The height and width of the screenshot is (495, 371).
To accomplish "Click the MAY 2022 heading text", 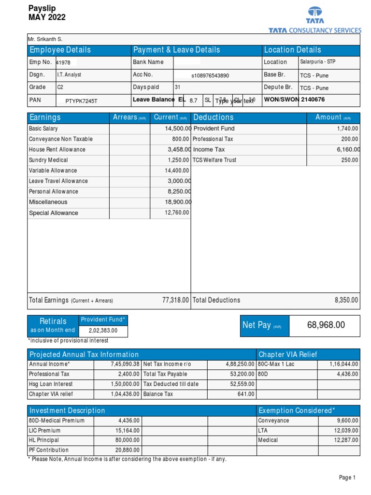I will click(47, 17).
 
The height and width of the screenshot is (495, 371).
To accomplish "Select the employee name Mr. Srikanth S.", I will click(46, 39).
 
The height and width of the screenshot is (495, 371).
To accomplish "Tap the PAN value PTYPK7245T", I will click(81, 101).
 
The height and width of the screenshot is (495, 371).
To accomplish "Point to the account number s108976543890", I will click(210, 76).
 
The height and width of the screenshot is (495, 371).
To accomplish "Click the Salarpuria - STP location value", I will click(317, 62).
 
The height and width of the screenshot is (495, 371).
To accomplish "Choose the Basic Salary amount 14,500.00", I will click(178, 129).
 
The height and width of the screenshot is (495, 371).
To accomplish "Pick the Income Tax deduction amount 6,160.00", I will click(347, 150).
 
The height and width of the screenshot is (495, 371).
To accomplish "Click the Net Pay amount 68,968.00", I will click(326, 325).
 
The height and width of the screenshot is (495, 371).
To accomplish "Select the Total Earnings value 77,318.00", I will click(175, 300).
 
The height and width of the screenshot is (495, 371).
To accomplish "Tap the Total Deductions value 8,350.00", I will click(346, 300).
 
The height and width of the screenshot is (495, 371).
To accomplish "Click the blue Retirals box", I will click(53, 325).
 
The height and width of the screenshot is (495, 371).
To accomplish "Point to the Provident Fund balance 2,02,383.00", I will click(103, 331).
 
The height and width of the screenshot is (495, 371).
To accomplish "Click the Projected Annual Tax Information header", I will click(84, 354).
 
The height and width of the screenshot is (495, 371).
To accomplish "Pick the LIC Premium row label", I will click(45, 430).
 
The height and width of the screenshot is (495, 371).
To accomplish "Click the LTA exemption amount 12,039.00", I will click(346, 430).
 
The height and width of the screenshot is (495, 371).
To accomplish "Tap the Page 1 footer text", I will click(347, 478).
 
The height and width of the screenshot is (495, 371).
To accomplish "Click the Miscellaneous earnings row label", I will click(48, 202).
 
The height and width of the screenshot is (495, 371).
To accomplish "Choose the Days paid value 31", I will click(177, 87).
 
